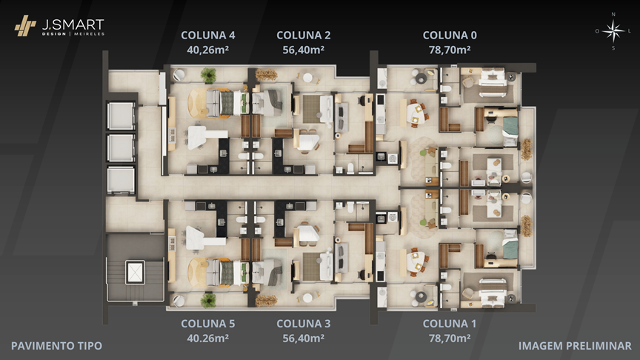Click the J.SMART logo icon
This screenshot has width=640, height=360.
click(x=25, y=26)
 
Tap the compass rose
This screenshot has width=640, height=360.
click(x=613, y=31)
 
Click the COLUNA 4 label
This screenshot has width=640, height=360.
click(x=207, y=36)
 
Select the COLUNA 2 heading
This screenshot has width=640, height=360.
click(x=303, y=36)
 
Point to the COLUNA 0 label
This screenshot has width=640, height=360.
click(x=450, y=36)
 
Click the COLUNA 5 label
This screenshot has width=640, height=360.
click(x=207, y=324)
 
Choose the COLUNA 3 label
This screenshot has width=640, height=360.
click(x=303, y=324)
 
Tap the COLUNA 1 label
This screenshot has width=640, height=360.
click(x=450, y=324)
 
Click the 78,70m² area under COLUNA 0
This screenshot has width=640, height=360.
click(x=450, y=50)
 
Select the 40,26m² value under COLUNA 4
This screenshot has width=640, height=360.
click(x=207, y=50)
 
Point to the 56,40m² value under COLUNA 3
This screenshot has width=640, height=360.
click(x=303, y=339)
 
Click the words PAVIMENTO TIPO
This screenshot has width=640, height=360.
click(x=57, y=346)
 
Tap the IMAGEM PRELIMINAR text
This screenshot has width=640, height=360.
click(x=575, y=346)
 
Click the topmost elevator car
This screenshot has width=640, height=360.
click(x=121, y=116)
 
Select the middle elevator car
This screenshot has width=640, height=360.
click(x=121, y=147)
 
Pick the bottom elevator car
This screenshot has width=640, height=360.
click(x=121, y=179)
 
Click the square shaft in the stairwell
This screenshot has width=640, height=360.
click(x=135, y=273)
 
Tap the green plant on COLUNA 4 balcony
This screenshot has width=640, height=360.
click(x=208, y=75)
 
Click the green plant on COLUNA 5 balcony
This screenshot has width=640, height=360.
click(x=208, y=300)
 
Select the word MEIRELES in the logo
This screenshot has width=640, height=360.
click(x=89, y=34)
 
